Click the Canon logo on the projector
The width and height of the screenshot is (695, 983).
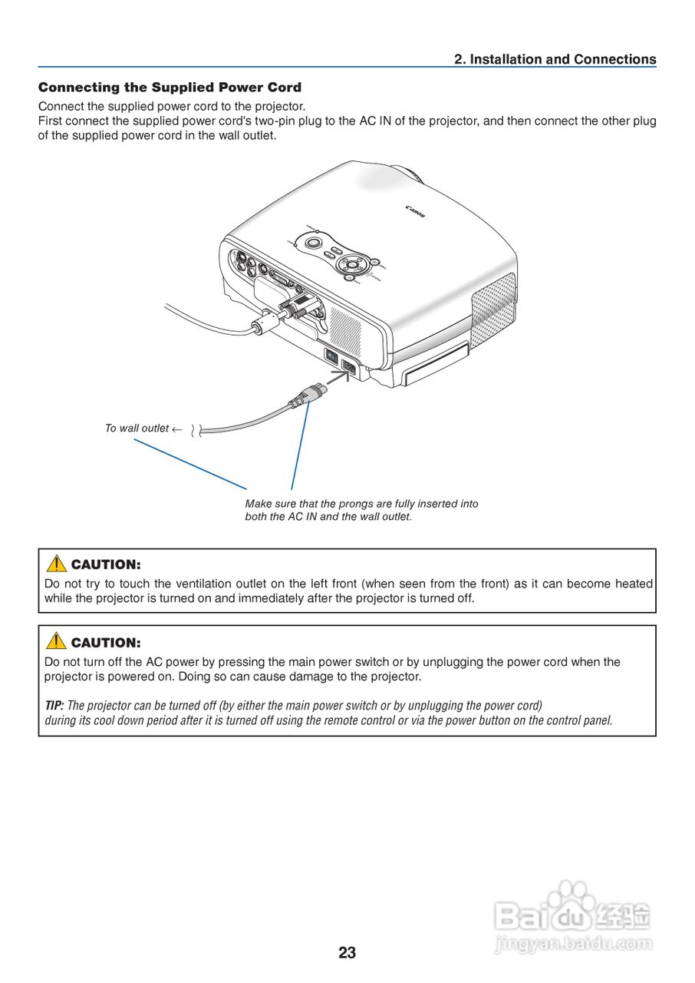pos(415,211)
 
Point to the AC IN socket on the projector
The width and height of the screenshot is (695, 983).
pos(348,368)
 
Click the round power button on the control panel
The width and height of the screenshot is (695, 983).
pos(313,243)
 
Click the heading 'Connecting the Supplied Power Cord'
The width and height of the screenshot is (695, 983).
pos(170,88)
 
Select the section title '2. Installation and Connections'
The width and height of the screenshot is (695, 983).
pos(555,59)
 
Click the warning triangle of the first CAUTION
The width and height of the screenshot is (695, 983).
pos(56,564)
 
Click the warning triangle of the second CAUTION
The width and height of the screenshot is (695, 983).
pos(56,641)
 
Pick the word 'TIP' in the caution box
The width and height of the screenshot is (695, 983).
pos(54,705)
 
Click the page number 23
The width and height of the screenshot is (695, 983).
pos(347,953)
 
